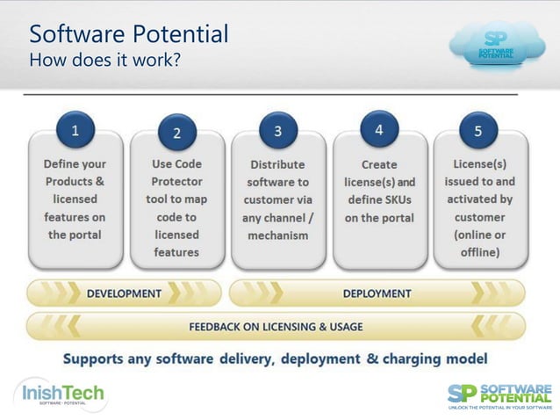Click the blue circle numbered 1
(75, 130)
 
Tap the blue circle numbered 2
(176, 134)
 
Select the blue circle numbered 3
(278, 131)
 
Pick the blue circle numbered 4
(379, 129)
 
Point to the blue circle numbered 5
(478, 131)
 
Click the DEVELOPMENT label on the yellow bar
(124, 293)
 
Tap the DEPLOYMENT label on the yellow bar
(377, 293)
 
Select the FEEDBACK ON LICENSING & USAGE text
(276, 326)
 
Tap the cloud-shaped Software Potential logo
(499, 44)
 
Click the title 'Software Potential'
(129, 34)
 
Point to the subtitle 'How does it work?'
(105, 61)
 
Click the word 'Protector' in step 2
(177, 181)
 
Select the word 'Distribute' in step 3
(278, 164)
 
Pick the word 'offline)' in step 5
(477, 252)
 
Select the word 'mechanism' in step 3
(277, 235)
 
